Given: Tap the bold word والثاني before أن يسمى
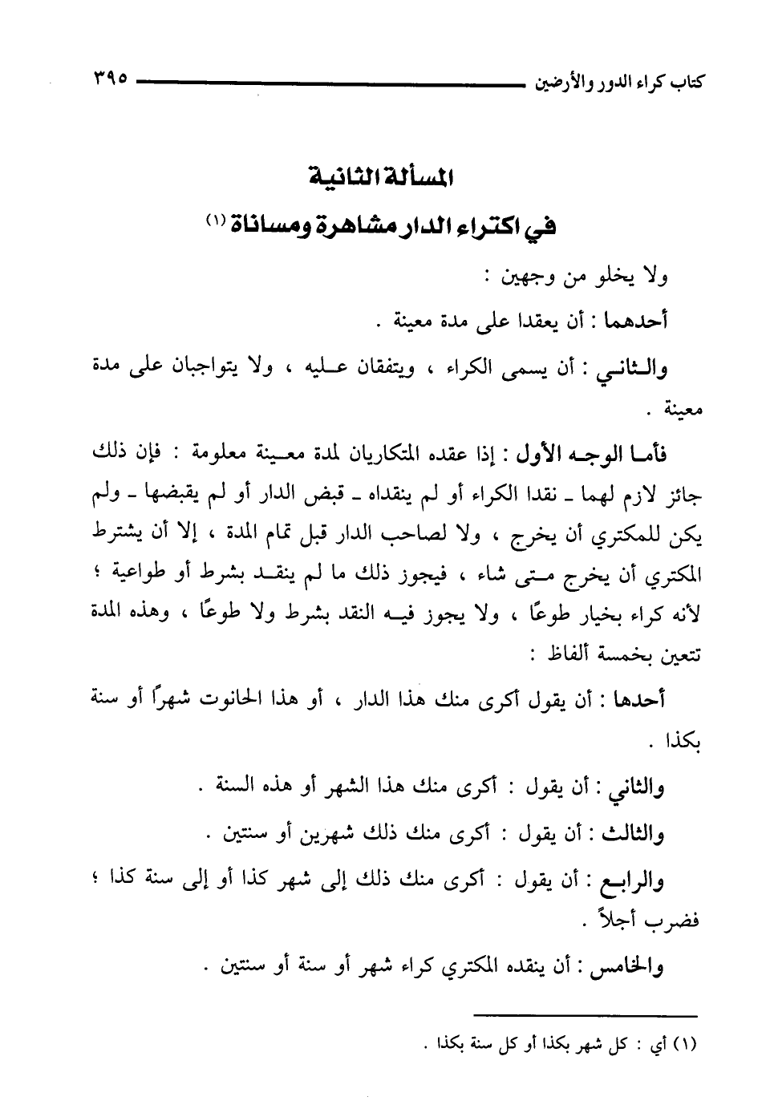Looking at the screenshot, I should point(634,369).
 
